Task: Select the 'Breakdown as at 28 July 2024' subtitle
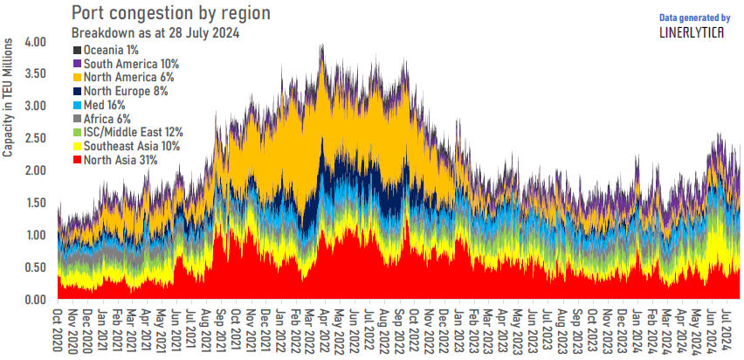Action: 155,33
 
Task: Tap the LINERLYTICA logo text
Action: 695,32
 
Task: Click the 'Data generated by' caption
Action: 695,17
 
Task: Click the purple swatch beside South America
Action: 77,65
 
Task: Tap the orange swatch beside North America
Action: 77,78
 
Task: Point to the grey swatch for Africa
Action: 77,119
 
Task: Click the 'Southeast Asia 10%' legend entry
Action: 132,146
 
